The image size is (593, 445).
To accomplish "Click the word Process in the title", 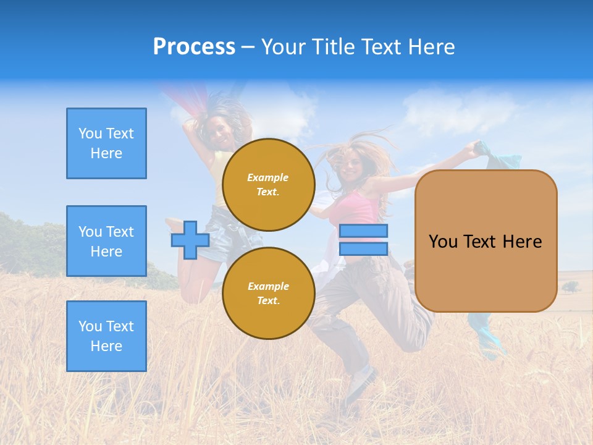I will click(194, 47).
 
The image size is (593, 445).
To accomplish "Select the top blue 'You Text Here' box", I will click(106, 143).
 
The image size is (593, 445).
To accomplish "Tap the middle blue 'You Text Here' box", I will click(106, 241).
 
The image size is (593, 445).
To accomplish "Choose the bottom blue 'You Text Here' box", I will click(106, 336).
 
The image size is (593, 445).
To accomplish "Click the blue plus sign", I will click(190, 240).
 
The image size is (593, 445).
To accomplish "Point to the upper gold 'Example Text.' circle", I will click(268, 185).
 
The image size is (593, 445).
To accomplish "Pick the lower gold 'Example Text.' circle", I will click(268, 294).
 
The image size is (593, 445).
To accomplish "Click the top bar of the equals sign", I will click(363, 231).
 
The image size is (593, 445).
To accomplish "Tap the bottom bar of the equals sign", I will click(363, 248).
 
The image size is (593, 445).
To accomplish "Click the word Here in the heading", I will click(431, 47).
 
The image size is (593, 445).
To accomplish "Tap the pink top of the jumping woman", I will click(358, 207).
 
